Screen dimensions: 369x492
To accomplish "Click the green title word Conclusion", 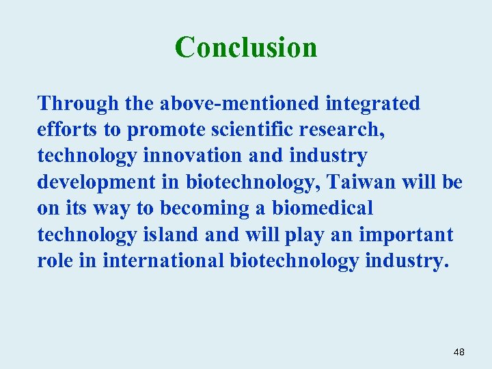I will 246,47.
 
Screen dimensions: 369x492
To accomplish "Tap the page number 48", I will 459,352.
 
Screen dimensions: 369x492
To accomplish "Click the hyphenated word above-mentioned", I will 240,104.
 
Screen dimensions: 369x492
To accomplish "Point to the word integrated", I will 372,104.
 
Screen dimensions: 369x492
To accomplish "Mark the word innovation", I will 193,156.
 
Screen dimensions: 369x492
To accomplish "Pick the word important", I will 405,235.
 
